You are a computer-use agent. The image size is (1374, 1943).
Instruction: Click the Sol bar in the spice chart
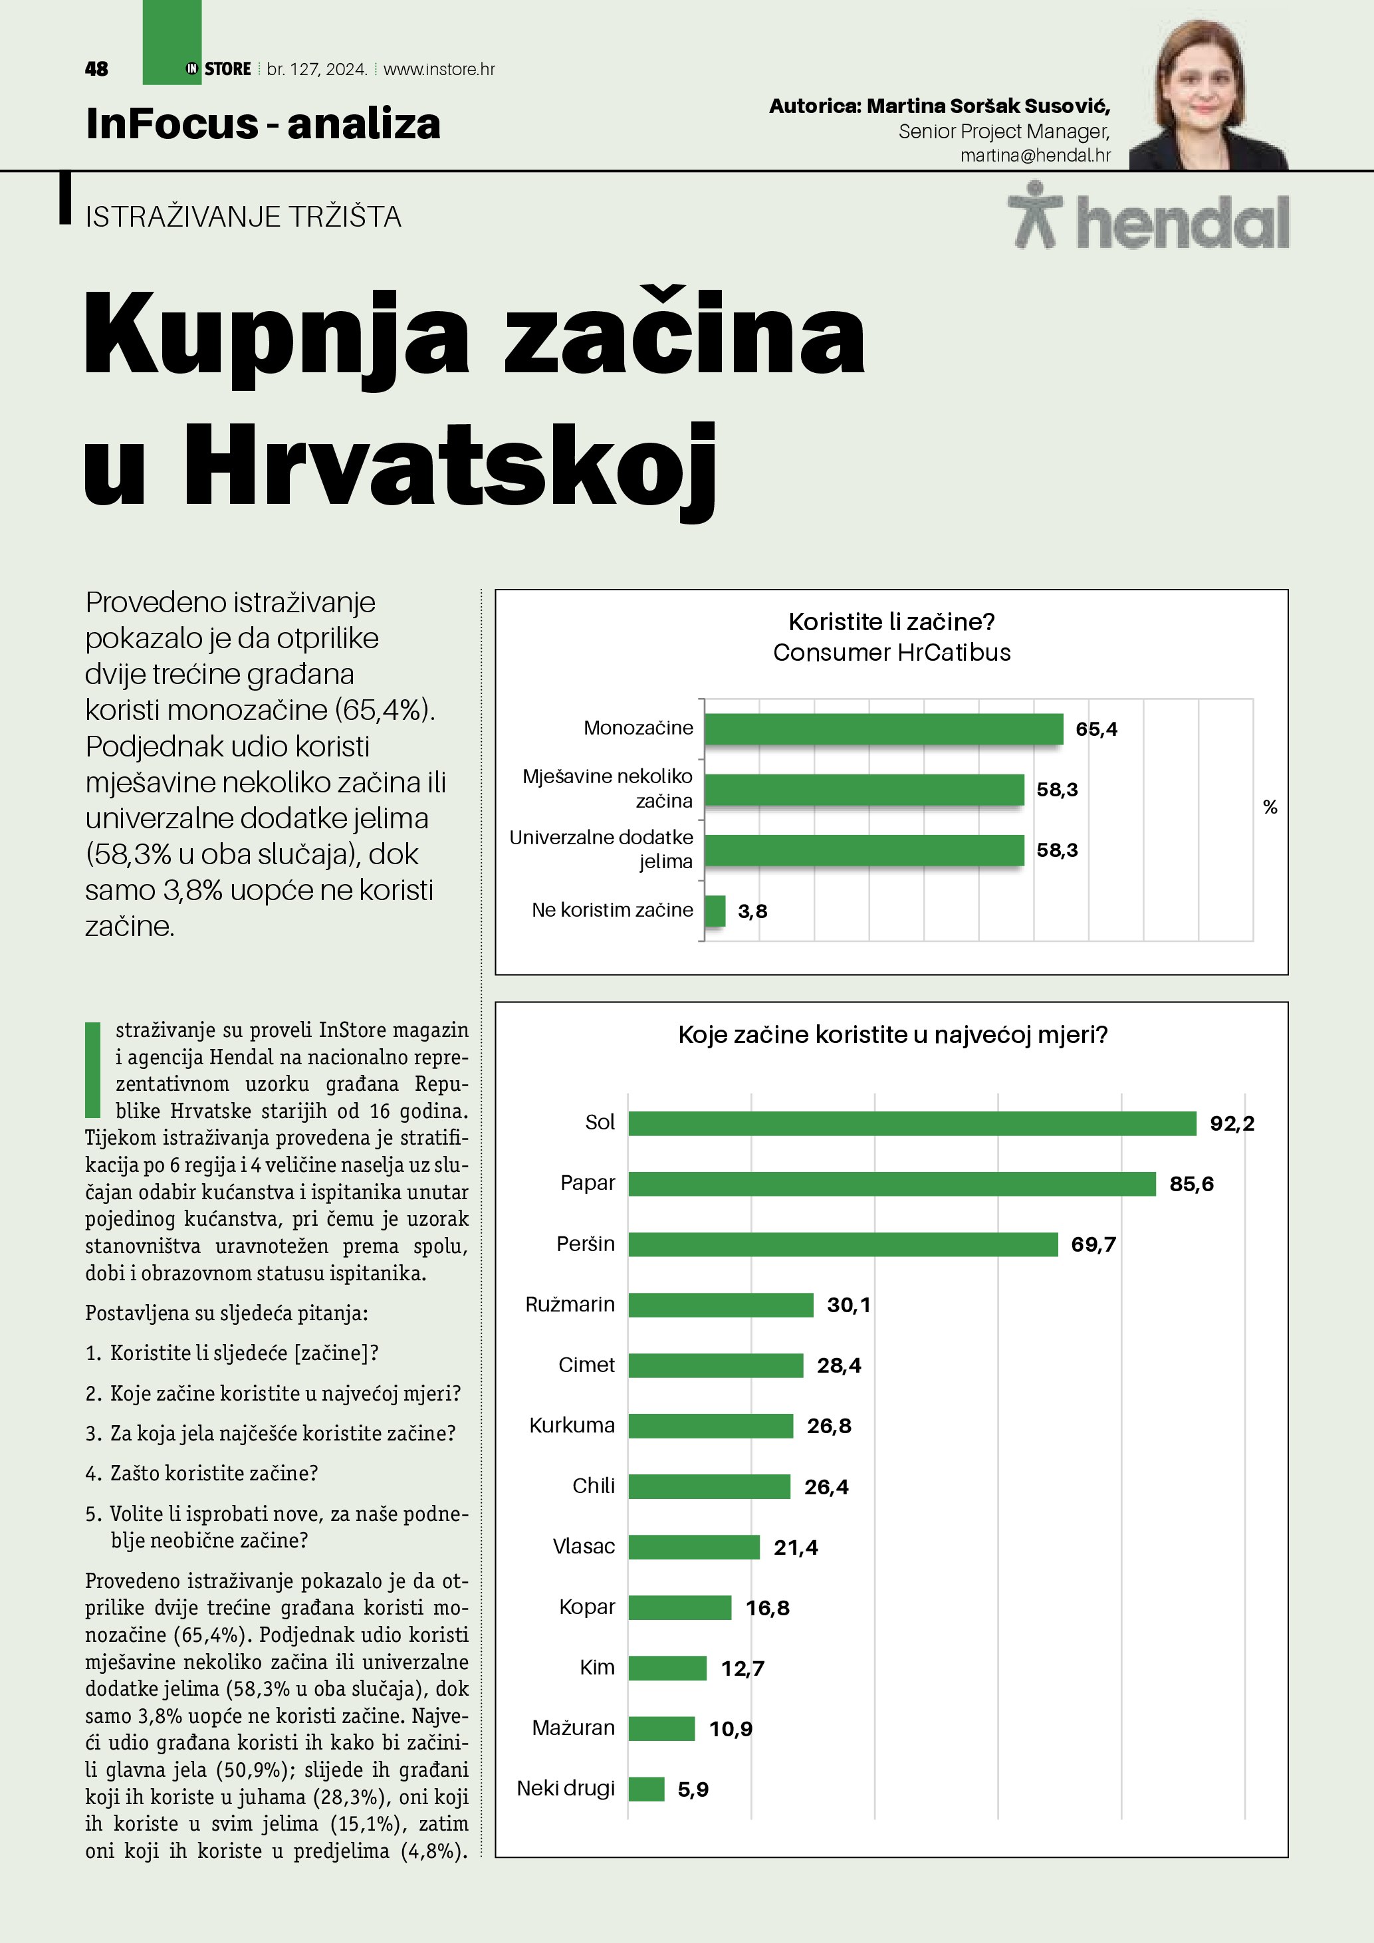pos(912,1123)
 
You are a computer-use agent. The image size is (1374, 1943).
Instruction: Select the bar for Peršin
pos(843,1244)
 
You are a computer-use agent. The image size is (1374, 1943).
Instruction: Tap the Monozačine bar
pos(883,729)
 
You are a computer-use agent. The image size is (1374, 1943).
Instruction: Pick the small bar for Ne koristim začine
pos(715,911)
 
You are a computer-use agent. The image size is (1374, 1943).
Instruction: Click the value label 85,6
pos(1191,1184)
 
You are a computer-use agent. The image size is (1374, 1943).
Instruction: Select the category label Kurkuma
pos(572,1425)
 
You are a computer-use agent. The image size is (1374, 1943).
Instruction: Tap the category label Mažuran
pos(573,1727)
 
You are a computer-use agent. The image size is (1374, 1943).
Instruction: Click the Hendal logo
pos(1148,218)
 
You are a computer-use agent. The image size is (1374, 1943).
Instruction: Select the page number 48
pos(96,69)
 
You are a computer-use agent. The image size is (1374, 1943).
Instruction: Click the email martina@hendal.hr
pos(1035,156)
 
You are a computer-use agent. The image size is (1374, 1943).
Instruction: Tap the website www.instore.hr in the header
pos(439,69)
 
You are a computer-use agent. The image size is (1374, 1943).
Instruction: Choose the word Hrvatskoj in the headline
pos(449,468)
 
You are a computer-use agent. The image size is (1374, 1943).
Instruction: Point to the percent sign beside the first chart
pos(1269,808)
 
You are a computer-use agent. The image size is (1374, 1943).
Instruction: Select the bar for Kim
pos(667,1668)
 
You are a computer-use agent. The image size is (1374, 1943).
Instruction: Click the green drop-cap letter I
pos(93,1070)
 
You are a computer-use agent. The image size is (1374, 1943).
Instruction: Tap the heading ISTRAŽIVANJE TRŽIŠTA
pos(243,217)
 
